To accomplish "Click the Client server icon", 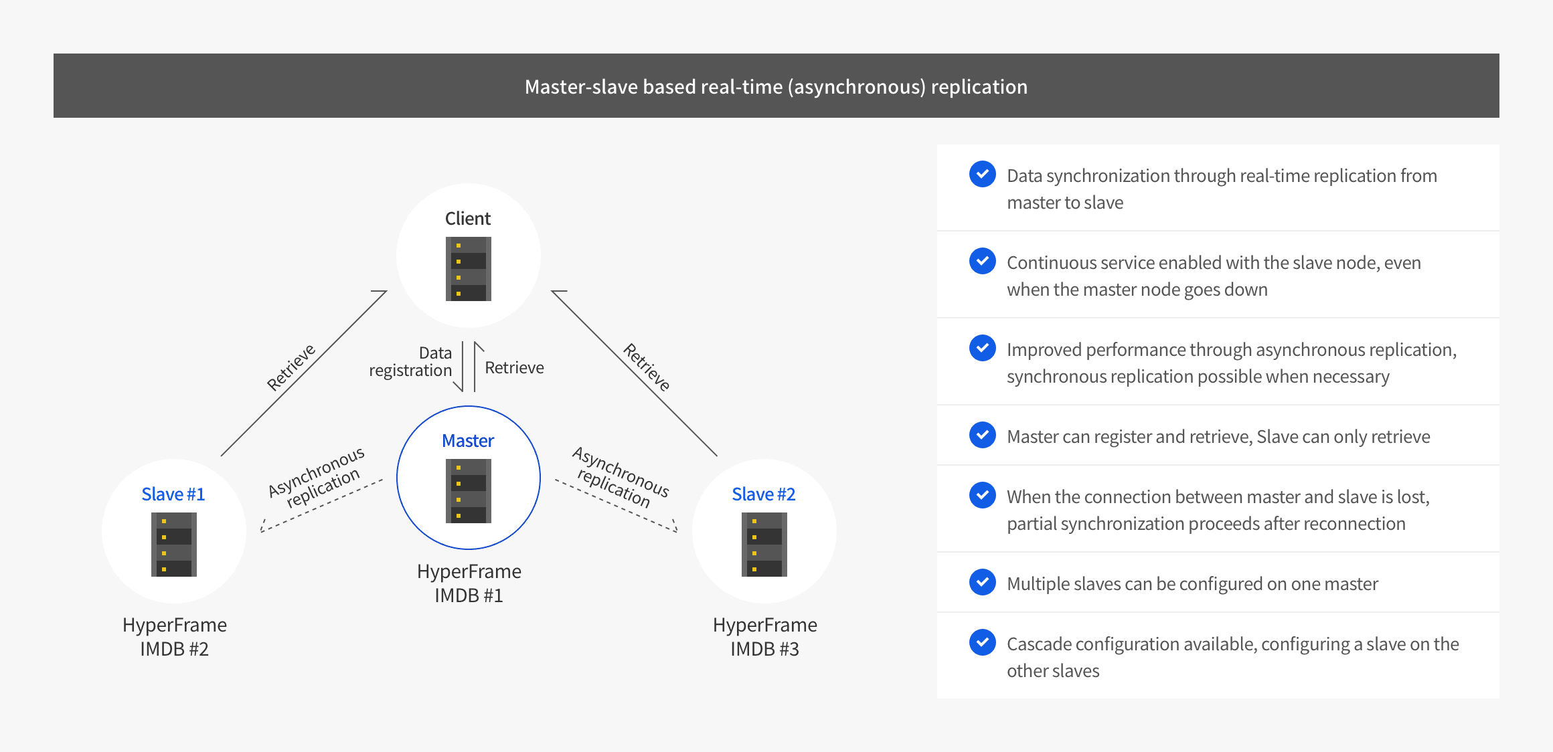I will pyautogui.click(x=469, y=269).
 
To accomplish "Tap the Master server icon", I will pyautogui.click(x=469, y=490).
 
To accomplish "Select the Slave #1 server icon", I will pyautogui.click(x=174, y=544).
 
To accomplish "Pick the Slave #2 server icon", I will pyautogui.click(x=764, y=544).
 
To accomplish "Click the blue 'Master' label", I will pyautogui.click(x=468, y=441).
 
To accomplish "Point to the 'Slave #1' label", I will pyautogui.click(x=173, y=494).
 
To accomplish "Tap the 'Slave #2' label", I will pyautogui.click(x=764, y=494).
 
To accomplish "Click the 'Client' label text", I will pyautogui.click(x=468, y=219).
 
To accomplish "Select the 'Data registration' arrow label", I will pyautogui.click(x=411, y=362).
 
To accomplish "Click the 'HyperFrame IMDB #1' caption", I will pyautogui.click(x=469, y=583).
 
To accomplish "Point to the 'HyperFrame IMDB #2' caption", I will pyautogui.click(x=175, y=636).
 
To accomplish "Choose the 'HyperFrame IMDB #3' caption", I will pyautogui.click(x=765, y=636).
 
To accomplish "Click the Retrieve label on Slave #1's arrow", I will pyautogui.click(x=291, y=367).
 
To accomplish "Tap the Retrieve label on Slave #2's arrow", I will pyautogui.click(x=647, y=367).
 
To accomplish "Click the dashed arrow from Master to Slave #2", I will pyautogui.click(x=616, y=506).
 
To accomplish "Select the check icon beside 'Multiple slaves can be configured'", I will pyautogui.click(x=982, y=582).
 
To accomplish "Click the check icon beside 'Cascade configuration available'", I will pyautogui.click(x=982, y=642).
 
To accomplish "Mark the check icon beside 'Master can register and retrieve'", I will pyautogui.click(x=982, y=435).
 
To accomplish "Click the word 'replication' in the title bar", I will pyautogui.click(x=979, y=87).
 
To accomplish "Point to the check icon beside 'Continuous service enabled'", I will pyautogui.click(x=982, y=261).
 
